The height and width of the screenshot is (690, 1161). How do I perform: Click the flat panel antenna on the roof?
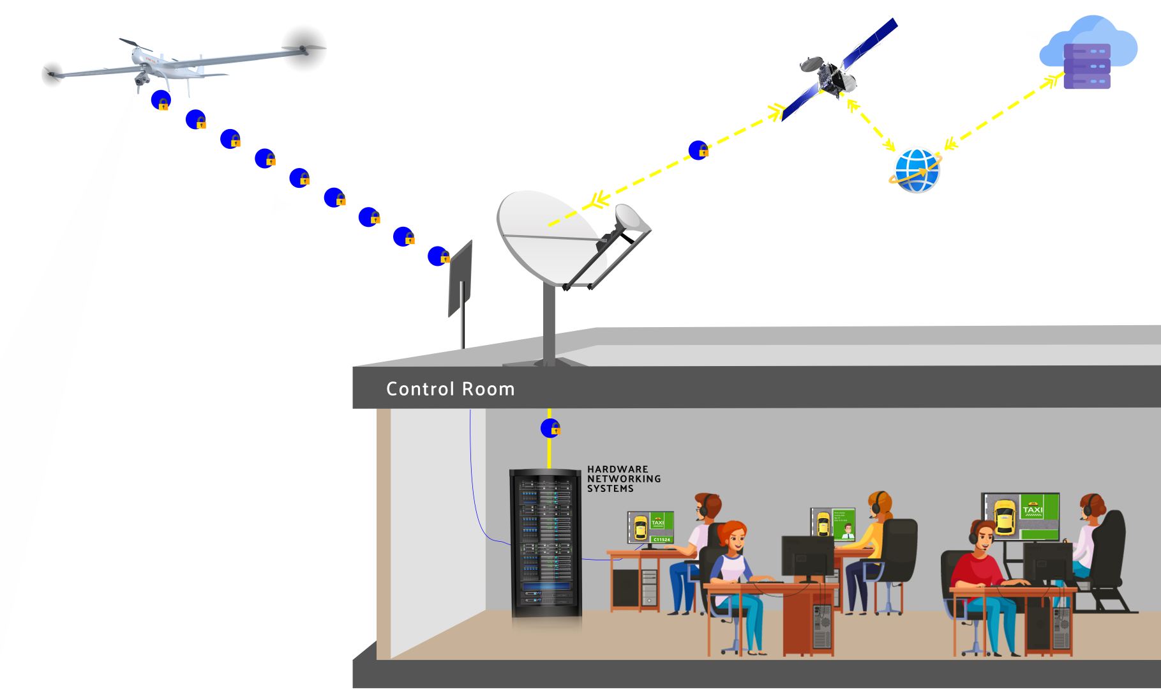click(460, 279)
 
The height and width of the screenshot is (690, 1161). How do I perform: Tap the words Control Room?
click(450, 389)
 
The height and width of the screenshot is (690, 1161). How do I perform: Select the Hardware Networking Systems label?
click(624, 479)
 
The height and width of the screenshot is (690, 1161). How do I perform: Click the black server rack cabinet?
click(546, 543)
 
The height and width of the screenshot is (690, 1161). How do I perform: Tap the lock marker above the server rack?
click(550, 428)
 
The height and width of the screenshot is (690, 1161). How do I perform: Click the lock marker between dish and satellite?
click(699, 151)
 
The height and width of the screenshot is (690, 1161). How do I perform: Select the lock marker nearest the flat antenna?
click(438, 256)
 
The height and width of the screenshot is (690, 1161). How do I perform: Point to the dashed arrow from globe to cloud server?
click(1002, 112)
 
